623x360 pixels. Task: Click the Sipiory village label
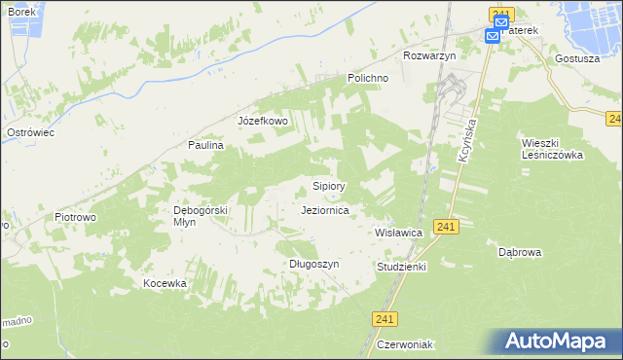pos(328,185)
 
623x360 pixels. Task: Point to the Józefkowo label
pos(263,122)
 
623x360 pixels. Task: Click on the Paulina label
pos(206,145)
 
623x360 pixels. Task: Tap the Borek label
pos(20,12)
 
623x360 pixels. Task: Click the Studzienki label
pos(401,266)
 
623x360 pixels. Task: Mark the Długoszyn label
pos(313,264)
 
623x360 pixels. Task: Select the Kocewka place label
pos(165,283)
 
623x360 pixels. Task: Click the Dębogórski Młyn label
pos(200,215)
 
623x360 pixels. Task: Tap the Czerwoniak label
pos(406,344)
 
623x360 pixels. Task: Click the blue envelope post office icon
pos(493,36)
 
